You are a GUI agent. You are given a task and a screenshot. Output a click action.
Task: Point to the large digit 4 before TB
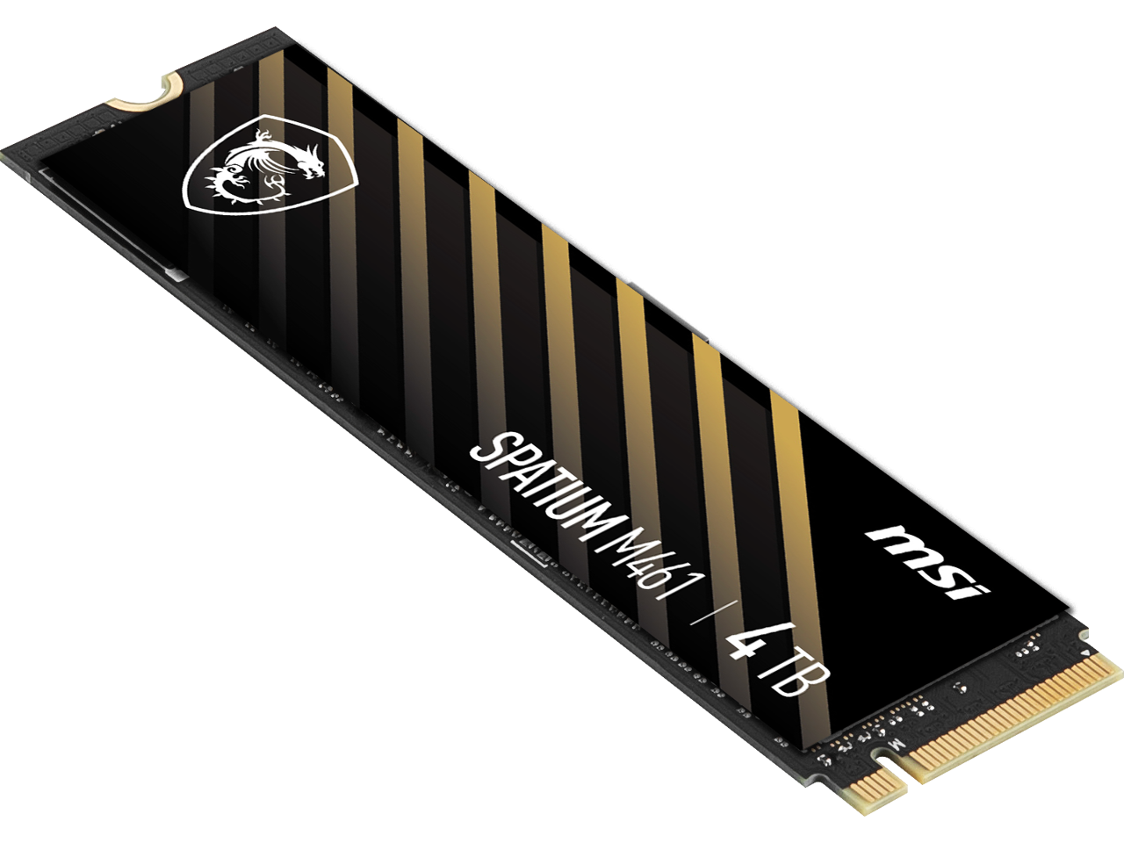pos(742,649)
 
